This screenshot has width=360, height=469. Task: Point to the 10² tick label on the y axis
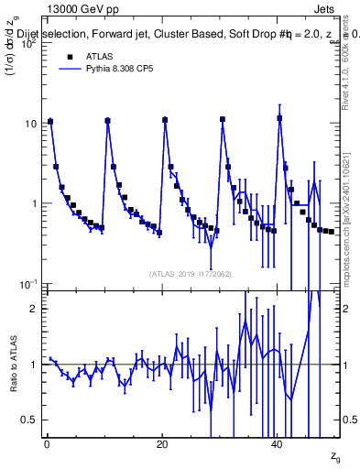(x=29, y=43)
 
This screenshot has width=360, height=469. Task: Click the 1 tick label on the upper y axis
(x=35, y=203)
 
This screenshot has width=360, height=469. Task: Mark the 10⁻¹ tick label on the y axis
(x=28, y=283)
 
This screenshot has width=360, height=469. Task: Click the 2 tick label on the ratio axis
(x=35, y=309)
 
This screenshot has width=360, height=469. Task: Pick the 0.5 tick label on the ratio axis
(x=30, y=420)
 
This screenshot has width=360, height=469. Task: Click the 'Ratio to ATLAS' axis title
(x=13, y=364)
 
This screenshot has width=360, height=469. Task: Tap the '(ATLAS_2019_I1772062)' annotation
(x=191, y=273)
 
